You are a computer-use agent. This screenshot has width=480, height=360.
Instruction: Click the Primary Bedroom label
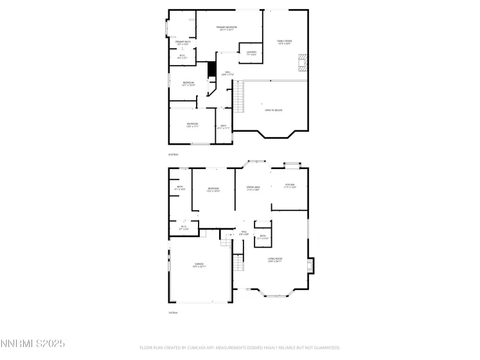click(227, 28)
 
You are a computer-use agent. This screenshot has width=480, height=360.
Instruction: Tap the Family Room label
click(284, 42)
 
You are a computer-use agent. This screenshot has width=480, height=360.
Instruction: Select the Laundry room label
click(251, 53)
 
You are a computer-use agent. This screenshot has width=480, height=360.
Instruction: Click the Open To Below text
click(274, 111)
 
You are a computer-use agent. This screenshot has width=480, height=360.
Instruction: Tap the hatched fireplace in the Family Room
click(302, 62)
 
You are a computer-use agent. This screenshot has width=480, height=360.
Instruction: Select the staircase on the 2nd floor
click(240, 98)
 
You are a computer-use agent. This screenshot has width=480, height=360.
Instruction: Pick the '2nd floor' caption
click(172, 155)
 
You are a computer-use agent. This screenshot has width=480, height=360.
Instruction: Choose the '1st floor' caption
click(172, 312)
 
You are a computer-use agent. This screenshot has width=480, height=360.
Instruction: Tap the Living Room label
click(276, 260)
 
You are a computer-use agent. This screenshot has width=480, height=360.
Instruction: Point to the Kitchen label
click(290, 186)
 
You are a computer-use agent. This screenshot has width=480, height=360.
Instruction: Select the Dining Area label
click(253, 188)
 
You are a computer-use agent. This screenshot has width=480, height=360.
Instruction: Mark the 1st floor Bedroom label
click(213, 189)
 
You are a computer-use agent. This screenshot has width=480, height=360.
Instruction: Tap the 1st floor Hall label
click(244, 233)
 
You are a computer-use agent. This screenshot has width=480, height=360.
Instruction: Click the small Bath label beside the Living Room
click(263, 237)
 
